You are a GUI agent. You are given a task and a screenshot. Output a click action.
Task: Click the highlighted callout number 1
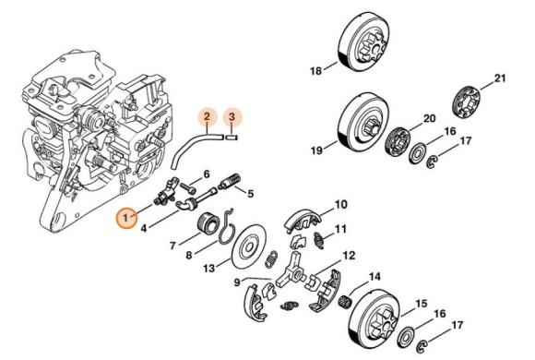click(x=126, y=217)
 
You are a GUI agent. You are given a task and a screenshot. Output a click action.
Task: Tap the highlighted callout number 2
click(x=207, y=117)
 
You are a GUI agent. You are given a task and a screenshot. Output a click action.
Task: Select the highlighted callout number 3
click(x=232, y=117)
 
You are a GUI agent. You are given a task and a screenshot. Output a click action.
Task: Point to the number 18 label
click(x=316, y=71)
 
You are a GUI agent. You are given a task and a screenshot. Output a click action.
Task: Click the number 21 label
click(x=500, y=78)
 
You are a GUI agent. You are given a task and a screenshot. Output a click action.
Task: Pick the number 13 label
click(x=209, y=268)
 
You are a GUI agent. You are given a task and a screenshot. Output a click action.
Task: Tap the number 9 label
click(x=237, y=283)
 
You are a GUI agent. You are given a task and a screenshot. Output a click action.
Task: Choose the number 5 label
click(x=251, y=194)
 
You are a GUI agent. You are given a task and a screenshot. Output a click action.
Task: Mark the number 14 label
click(x=374, y=276)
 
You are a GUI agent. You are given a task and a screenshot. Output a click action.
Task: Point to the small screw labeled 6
click(x=188, y=186)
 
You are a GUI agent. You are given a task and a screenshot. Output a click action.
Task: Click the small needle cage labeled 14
click(x=344, y=301)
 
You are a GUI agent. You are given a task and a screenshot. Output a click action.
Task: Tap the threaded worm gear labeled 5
click(x=231, y=181)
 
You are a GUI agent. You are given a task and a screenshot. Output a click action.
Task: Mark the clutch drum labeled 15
click(x=374, y=319)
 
